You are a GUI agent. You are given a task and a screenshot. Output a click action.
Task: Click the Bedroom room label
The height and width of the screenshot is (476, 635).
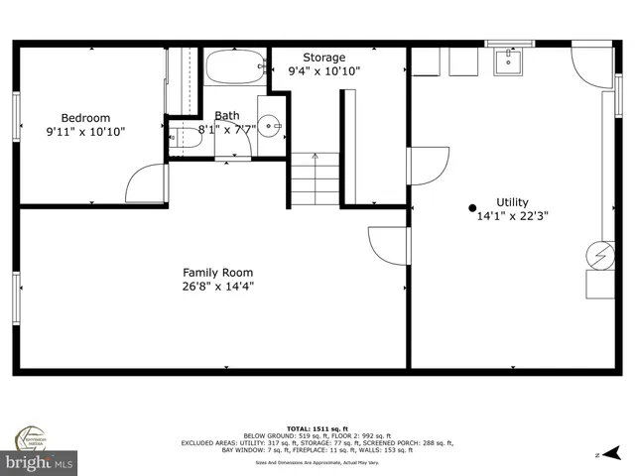tap(85, 117)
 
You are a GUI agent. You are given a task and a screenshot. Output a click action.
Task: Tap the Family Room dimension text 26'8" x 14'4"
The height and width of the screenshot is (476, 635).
tap(217, 287)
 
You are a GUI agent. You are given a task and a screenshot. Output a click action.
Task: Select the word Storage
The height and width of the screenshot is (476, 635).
tap(323, 58)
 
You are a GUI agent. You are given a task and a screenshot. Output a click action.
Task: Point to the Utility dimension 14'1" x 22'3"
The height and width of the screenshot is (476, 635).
tap(512, 215)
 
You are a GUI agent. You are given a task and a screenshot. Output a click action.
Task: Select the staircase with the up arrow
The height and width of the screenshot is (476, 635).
tap(315, 178)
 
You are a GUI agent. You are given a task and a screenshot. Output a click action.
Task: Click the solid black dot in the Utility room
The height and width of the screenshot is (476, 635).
tap(472, 207)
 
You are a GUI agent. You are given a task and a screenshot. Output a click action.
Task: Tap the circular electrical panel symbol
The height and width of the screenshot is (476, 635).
tap(599, 255)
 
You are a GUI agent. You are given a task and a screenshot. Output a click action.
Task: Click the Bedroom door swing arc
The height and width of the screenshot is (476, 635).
tap(144, 183)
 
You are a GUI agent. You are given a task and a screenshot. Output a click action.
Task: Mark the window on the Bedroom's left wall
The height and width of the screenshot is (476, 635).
tap(16, 117)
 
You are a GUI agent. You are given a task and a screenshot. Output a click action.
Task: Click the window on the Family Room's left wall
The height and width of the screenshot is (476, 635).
tap(16, 297)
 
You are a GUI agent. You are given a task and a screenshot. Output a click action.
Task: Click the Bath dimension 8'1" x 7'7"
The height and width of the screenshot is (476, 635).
tap(227, 129)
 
